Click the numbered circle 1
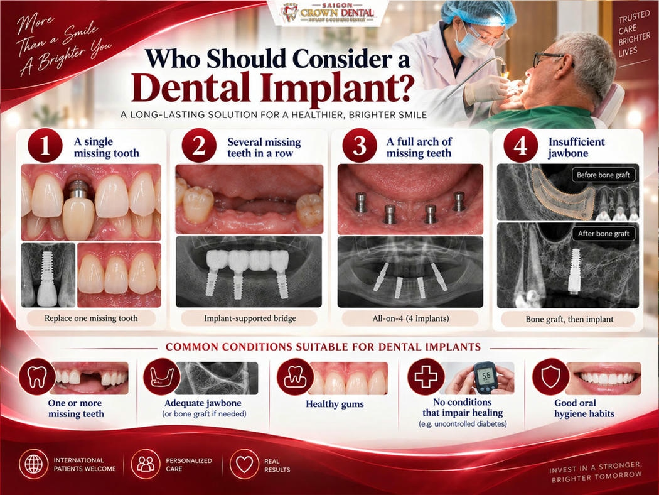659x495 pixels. pos(45,146)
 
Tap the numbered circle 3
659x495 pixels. pos(360,146)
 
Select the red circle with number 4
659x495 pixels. pos(521,146)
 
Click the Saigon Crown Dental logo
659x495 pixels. pos(328,13)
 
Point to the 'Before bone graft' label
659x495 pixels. pos(603,175)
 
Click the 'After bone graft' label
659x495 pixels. pos(603,234)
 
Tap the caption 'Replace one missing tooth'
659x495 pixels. pos(91,318)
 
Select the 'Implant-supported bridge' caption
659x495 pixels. pos(250,318)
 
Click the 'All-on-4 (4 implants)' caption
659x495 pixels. pos(410,318)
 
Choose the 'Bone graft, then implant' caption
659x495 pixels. pos(569,319)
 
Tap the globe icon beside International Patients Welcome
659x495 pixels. pos(34,464)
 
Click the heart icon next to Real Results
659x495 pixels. pos(244,464)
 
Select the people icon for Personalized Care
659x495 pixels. pos(146,464)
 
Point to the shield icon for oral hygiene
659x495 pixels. pos(550,377)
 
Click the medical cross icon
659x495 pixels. pos(426,377)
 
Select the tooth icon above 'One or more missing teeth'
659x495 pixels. pos(37,377)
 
